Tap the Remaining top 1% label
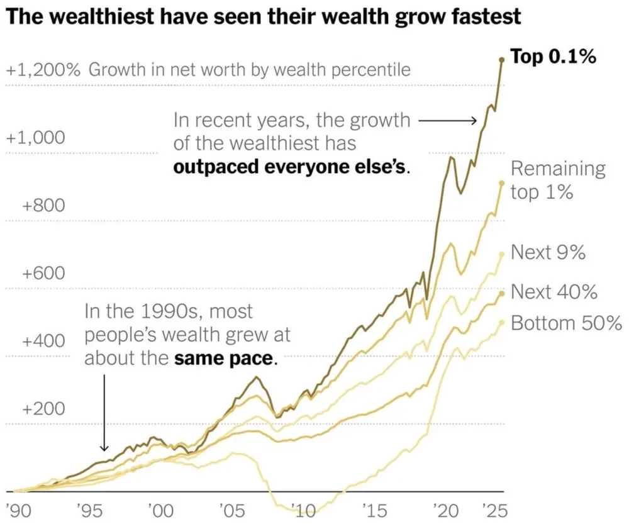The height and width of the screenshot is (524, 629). (557, 180)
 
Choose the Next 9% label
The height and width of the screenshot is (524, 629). (548, 253)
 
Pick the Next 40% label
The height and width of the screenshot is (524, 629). (554, 292)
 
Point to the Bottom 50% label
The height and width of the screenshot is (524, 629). (566, 323)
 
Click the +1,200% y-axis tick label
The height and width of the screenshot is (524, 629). (43, 69)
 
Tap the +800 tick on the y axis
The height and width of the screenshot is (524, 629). (43, 206)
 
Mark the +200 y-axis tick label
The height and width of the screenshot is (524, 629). (43, 409)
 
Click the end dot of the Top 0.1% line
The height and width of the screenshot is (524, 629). (502, 60)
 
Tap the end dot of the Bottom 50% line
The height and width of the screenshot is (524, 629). (502, 323)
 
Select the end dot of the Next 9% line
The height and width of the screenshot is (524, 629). (502, 254)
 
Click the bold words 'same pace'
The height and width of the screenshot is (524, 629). (225, 360)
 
